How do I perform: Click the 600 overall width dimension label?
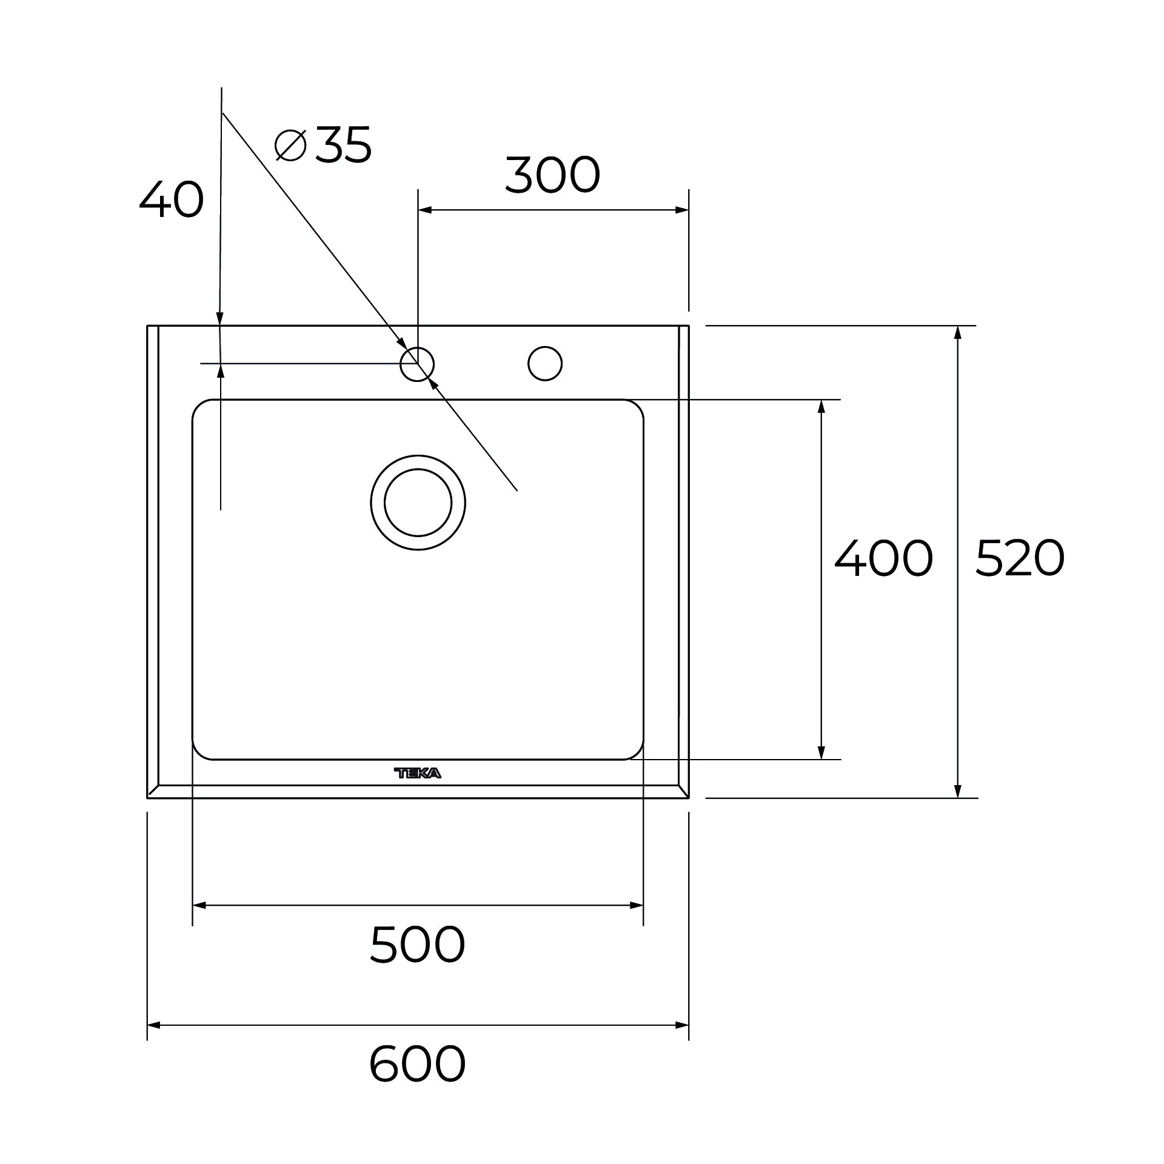(417, 1064)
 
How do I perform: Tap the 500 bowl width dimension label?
(417, 945)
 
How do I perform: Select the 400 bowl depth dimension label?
(883, 558)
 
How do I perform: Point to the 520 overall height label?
(1020, 558)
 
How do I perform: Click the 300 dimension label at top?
(552, 175)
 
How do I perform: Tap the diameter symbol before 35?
(290, 145)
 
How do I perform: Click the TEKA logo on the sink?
(418, 773)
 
